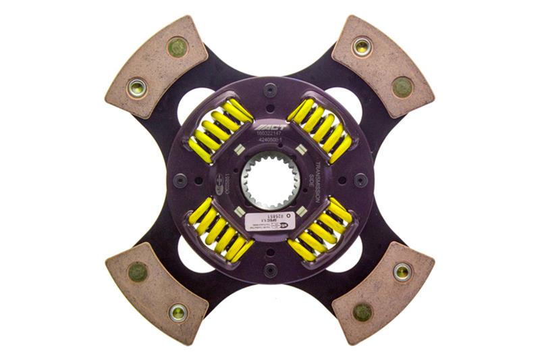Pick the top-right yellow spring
click(x=320, y=128)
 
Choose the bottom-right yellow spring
click(x=320, y=231)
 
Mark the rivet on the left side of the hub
click(x=180, y=180)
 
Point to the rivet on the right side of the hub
click(x=360, y=180)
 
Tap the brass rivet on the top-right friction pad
click(x=362, y=47)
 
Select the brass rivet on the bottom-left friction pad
click(x=178, y=312)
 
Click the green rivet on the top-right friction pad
click(x=402, y=86)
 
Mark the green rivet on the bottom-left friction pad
click(x=138, y=272)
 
